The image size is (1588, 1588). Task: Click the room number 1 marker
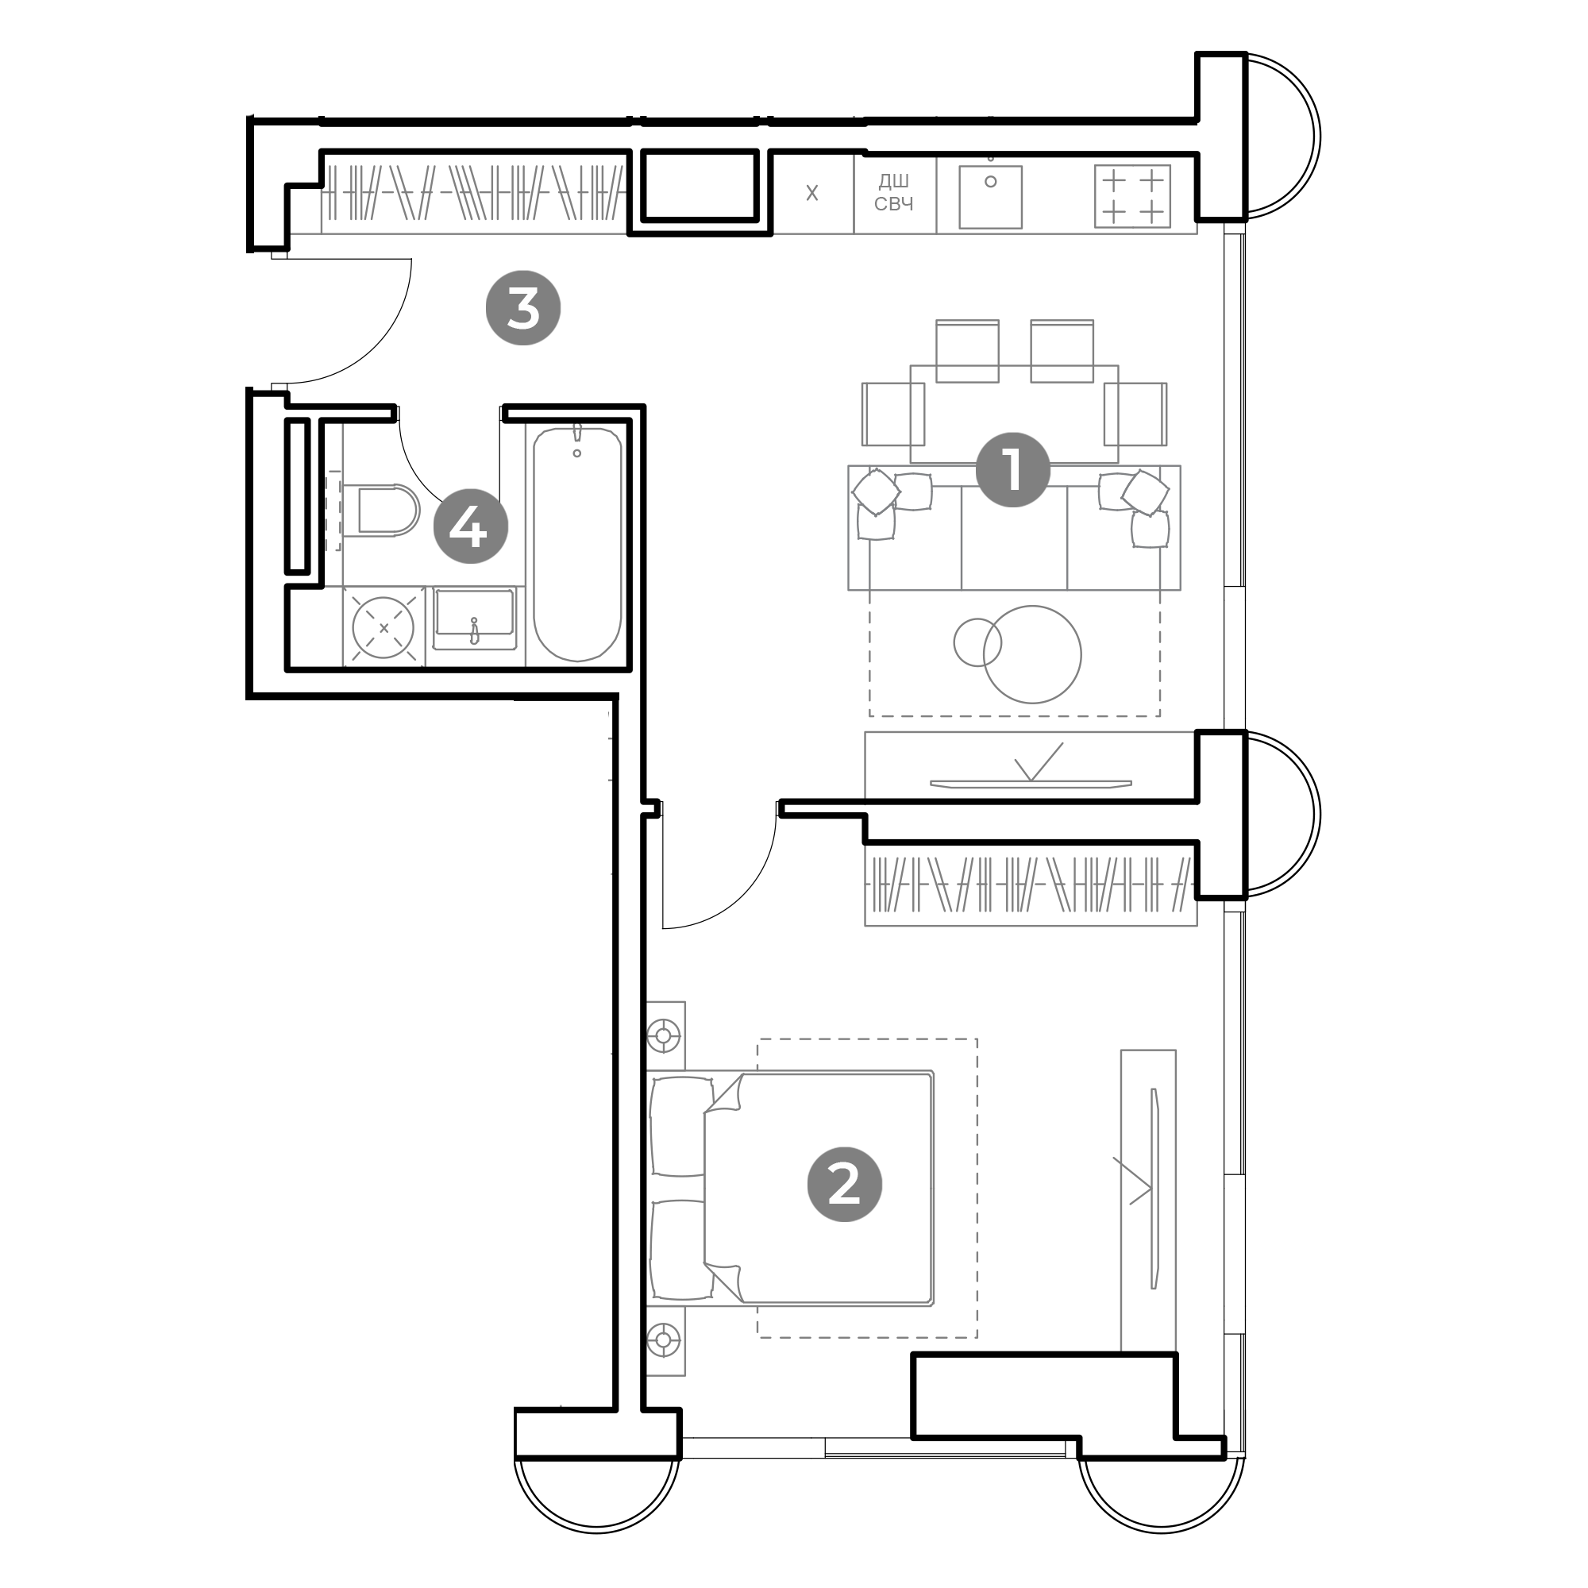coord(1012,470)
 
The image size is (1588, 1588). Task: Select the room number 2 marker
coord(844,1185)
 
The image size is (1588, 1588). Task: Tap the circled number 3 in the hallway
coord(522,308)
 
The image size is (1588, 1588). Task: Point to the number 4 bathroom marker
coord(470,526)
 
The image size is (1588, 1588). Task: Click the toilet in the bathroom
coord(387,510)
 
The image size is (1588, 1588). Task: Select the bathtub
coord(577,544)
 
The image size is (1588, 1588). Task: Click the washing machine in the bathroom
coord(383,628)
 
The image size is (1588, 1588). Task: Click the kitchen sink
coord(990,197)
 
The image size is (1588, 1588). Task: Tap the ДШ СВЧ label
coord(893,193)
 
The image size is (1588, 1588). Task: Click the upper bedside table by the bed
coord(664,1035)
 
